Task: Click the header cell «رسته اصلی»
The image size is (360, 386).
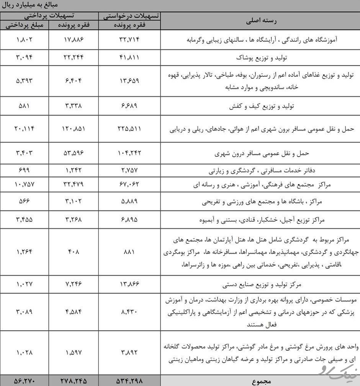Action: [x=260, y=21]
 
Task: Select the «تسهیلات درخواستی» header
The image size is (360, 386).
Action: [x=129, y=16]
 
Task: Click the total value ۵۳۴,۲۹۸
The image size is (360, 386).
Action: [x=129, y=381]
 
